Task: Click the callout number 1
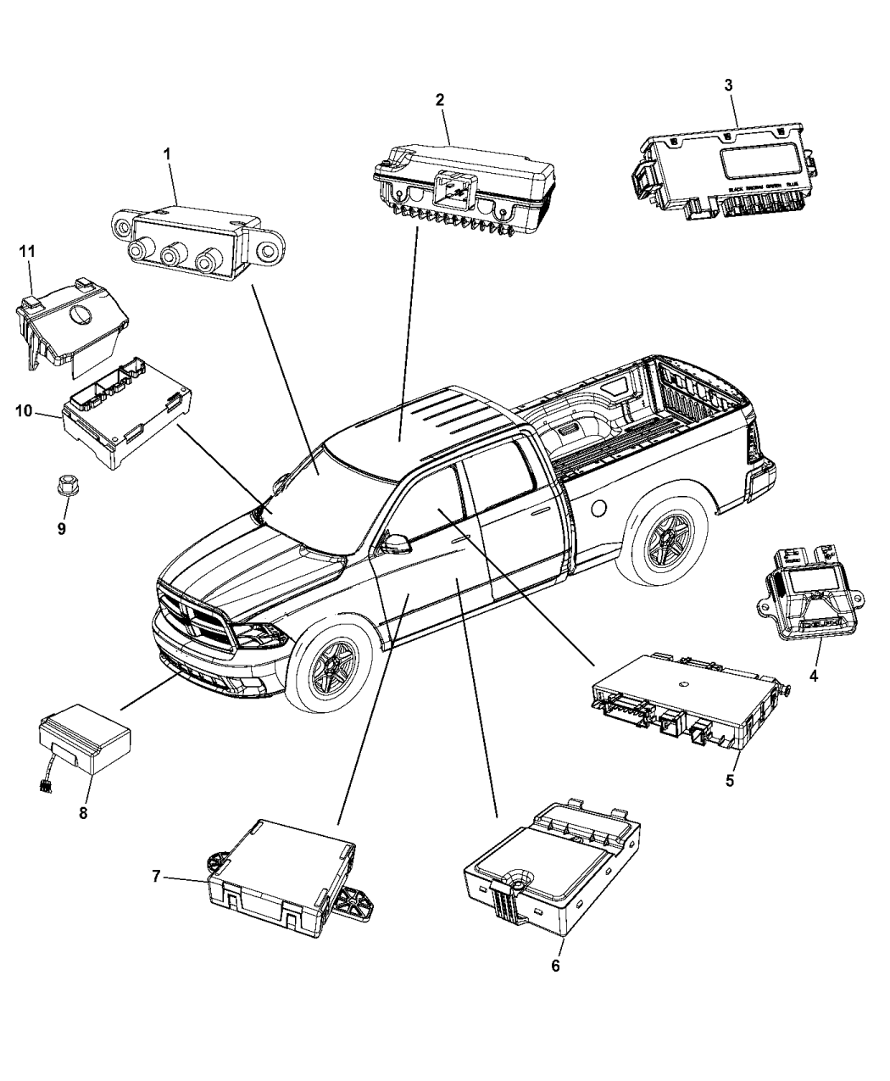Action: (x=167, y=153)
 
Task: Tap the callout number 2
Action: (x=440, y=100)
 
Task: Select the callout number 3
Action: (x=728, y=85)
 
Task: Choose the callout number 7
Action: (x=157, y=877)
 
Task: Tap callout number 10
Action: (x=23, y=411)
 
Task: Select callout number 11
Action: (x=27, y=252)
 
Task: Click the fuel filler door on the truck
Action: (x=598, y=508)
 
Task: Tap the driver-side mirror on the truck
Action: (x=395, y=540)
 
